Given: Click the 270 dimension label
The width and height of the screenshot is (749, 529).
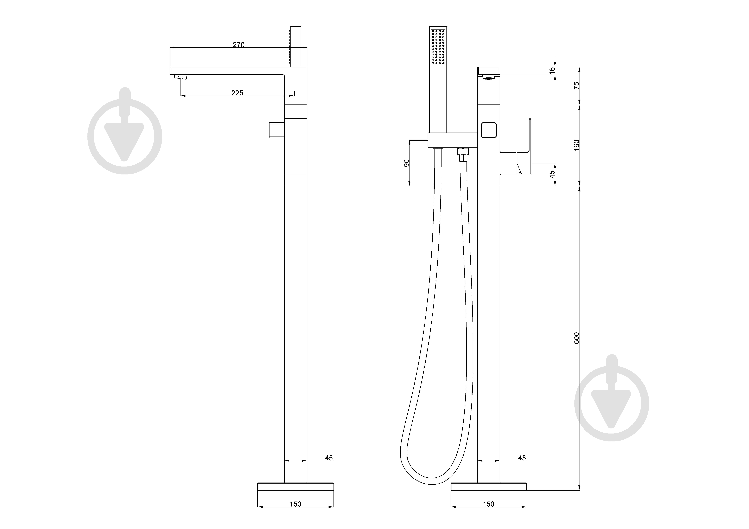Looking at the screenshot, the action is pos(239,45).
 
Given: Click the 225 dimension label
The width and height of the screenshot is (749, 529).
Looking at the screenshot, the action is pos(237,93).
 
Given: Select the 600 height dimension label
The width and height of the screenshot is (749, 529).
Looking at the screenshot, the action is pos(576,338).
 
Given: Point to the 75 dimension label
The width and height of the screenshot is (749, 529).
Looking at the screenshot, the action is pos(576,85).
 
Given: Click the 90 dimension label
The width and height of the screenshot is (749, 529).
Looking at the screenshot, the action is pos(406,163).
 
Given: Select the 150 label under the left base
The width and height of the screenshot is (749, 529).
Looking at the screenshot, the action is pos(295,504).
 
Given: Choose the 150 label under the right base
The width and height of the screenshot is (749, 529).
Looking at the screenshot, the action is pos(488,504).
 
